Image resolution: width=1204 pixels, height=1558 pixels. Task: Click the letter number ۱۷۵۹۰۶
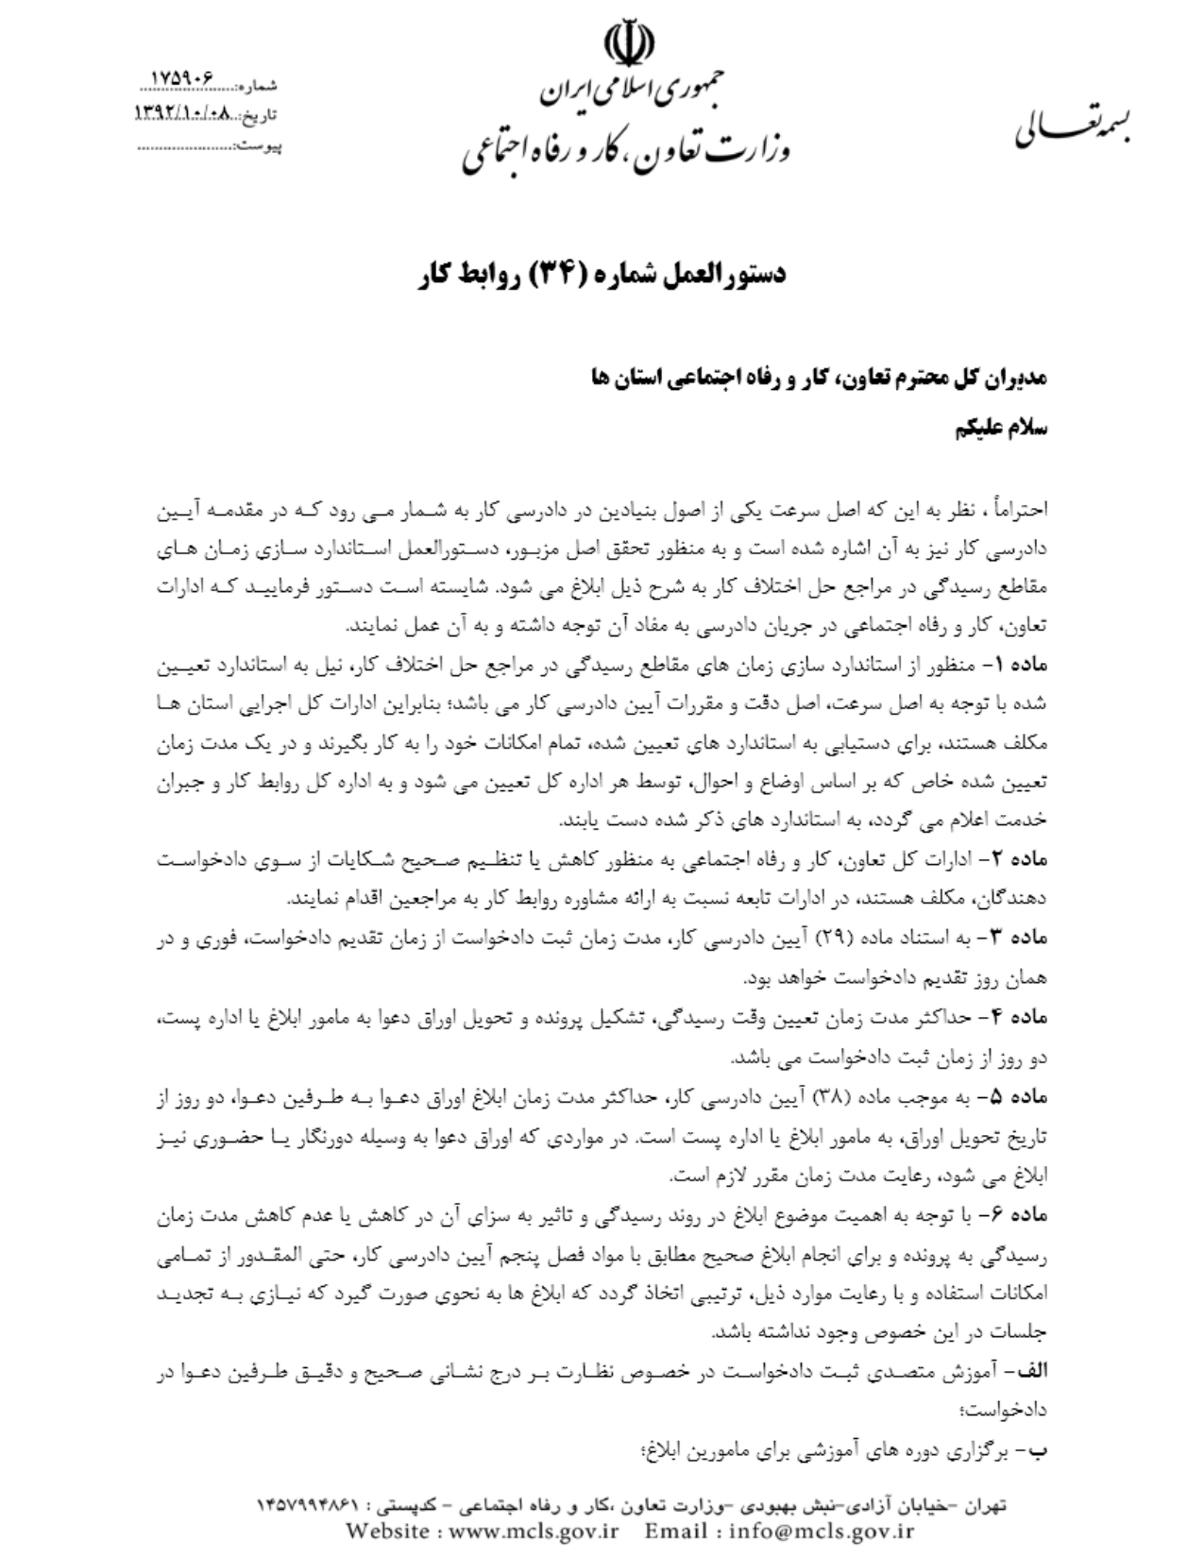tap(184, 76)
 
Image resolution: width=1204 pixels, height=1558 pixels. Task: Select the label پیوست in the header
tap(260, 147)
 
